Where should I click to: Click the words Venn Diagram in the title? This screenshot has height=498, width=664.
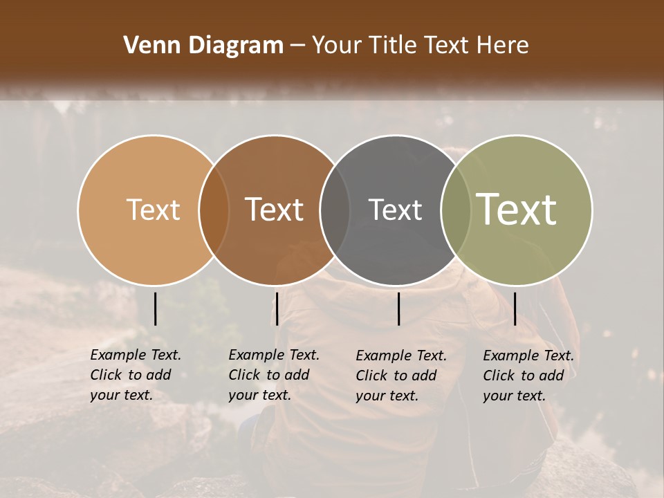[x=203, y=46]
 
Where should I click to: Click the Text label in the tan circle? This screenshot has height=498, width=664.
[x=153, y=210]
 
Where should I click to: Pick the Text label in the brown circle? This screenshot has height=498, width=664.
[x=275, y=210]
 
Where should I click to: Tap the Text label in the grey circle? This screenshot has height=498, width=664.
[x=395, y=210]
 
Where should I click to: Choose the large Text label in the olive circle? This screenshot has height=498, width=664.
[x=517, y=210]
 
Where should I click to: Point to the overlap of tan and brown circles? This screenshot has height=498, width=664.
[x=214, y=210]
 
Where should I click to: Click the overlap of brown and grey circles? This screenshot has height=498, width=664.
[x=335, y=210]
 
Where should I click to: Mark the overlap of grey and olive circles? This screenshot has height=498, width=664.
[x=454, y=210]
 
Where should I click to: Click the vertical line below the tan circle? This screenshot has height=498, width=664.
[x=155, y=308]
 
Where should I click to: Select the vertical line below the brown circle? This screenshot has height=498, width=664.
[x=277, y=308]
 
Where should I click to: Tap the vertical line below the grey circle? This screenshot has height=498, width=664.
[x=398, y=308]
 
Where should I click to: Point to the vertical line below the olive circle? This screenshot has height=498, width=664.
[x=515, y=308]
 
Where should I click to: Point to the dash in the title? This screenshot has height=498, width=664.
[x=297, y=46]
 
